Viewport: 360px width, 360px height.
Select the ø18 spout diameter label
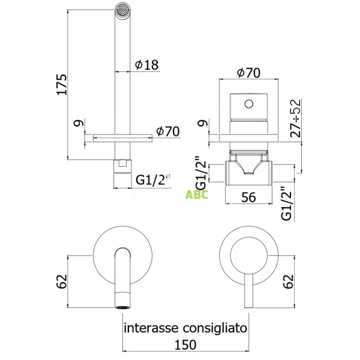146,65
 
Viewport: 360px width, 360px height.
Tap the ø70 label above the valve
248,74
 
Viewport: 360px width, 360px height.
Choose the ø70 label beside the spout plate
168,131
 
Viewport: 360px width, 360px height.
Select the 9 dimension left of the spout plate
76,124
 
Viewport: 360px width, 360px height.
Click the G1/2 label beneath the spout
150,179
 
